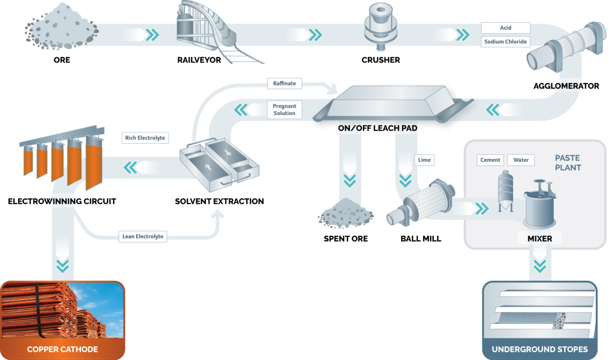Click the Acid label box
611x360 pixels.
click(x=505, y=27)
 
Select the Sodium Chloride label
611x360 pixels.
click(x=505, y=41)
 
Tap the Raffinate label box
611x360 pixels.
click(x=284, y=82)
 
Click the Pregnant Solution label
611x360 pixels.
click(x=284, y=109)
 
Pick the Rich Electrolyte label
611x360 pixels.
click(x=145, y=137)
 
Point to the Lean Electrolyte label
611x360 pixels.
click(x=143, y=236)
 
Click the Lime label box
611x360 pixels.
click(x=425, y=160)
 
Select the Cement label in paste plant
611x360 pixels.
click(x=490, y=160)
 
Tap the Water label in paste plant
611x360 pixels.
click(x=521, y=160)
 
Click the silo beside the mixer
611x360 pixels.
click(x=504, y=190)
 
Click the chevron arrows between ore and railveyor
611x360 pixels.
click(x=152, y=35)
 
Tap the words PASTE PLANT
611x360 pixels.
click(x=568, y=162)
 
